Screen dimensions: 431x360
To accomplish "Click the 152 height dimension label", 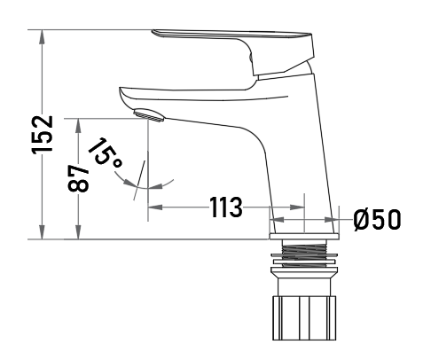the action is pos(43,135).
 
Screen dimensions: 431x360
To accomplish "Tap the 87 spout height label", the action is pos(78,178).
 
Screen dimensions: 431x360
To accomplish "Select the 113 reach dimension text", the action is pos(225,207).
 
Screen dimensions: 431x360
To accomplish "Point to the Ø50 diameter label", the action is pos(377,219).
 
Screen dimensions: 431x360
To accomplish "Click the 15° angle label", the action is pos(106,154).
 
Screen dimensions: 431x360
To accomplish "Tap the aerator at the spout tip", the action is pos(148,115).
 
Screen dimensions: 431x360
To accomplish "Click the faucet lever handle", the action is pos(233,51).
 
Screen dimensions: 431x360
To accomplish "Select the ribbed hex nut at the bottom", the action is pos(304,317).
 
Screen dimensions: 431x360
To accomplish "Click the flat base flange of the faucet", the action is pos(304,236).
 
